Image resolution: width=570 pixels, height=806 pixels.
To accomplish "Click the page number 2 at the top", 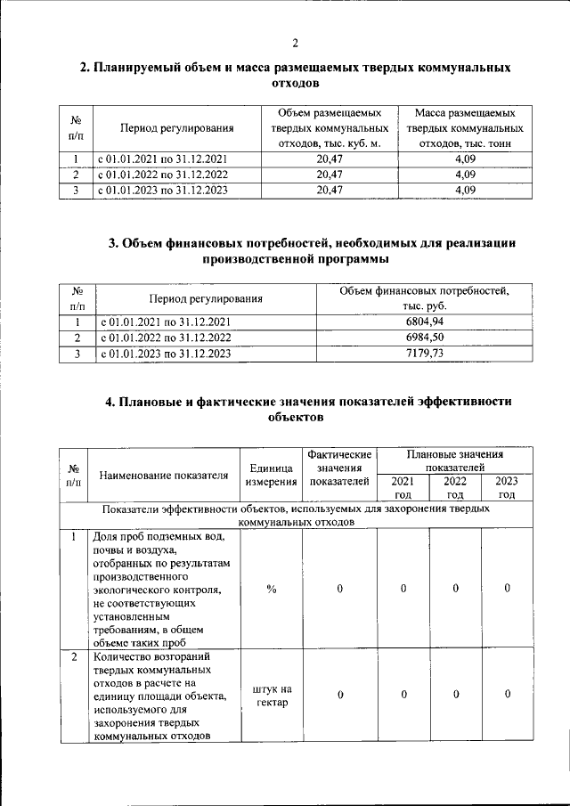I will pyautogui.click(x=295, y=43).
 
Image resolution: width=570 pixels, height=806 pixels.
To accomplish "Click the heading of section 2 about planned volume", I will pyautogui.click(x=295, y=75).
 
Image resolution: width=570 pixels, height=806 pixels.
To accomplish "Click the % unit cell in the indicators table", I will pyautogui.click(x=272, y=589).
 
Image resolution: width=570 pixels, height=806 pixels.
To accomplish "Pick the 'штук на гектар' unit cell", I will pyautogui.click(x=272, y=696).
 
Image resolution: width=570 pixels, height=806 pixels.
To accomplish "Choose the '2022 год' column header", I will pyautogui.click(x=455, y=487).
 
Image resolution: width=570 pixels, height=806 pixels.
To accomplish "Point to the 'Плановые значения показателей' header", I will pyautogui.click(x=454, y=460).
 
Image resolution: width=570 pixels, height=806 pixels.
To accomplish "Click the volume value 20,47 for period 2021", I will pyautogui.click(x=330, y=159).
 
